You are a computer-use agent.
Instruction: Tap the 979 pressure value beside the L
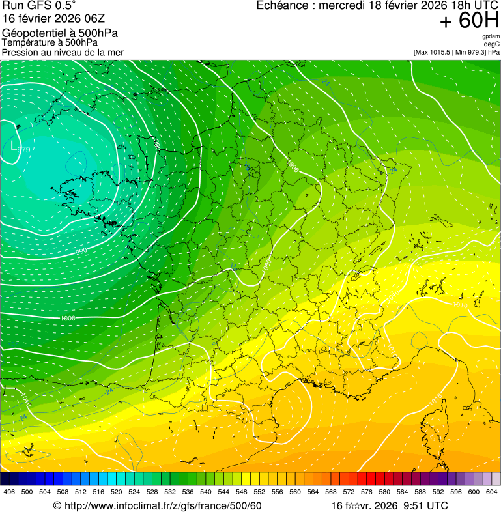tap(24, 150)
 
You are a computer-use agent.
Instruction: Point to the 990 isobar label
tap(81, 251)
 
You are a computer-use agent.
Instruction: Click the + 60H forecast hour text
tap(469, 21)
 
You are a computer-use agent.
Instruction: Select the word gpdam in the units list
tap(491, 36)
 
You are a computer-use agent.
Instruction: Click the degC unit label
tap(492, 44)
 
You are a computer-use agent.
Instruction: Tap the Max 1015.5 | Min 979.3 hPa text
tap(456, 52)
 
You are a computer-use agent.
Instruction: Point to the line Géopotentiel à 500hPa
tap(60, 33)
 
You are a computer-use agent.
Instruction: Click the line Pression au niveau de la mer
tap(63, 52)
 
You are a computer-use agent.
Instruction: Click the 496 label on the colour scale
tap(9, 492)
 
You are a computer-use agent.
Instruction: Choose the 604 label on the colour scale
tap(491, 492)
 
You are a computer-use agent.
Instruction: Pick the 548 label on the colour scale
tap(241, 492)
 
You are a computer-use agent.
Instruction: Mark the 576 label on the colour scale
tap(366, 492)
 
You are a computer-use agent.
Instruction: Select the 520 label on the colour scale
tap(116, 492)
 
